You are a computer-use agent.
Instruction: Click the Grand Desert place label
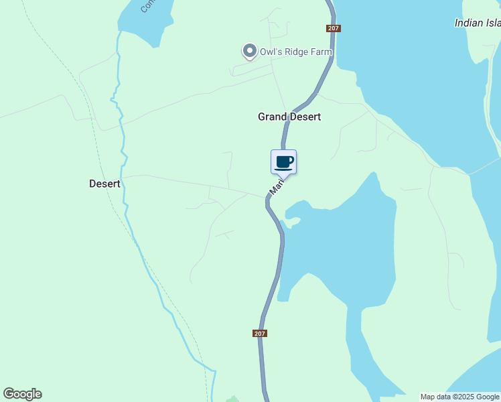[x=289, y=117]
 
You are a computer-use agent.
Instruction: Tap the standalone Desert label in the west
[x=104, y=184]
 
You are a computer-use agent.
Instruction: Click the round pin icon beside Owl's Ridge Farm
[x=249, y=51]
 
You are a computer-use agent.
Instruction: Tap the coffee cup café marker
[x=284, y=162]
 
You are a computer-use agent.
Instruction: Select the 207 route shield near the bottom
[x=261, y=334]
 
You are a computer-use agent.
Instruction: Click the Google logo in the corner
[x=22, y=394]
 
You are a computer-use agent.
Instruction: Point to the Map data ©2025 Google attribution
[x=459, y=397]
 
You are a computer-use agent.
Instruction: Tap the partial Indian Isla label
[x=477, y=23]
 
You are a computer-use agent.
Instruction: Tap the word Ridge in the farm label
[x=297, y=52]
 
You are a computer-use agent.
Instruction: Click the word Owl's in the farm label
[x=271, y=52]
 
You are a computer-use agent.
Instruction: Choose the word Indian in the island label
[x=468, y=23]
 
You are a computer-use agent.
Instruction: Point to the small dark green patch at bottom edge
[x=232, y=399]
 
